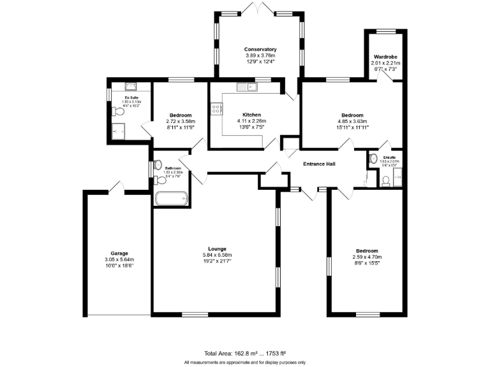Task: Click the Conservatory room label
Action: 260,49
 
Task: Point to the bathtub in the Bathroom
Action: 170,199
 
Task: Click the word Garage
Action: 119,253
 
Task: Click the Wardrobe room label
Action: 386,57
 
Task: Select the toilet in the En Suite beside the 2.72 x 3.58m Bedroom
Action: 117,112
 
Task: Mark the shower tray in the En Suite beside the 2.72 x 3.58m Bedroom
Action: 119,132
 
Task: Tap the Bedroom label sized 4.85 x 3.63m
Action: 351,115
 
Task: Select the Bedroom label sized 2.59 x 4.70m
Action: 367,251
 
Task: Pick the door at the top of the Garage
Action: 116,187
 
